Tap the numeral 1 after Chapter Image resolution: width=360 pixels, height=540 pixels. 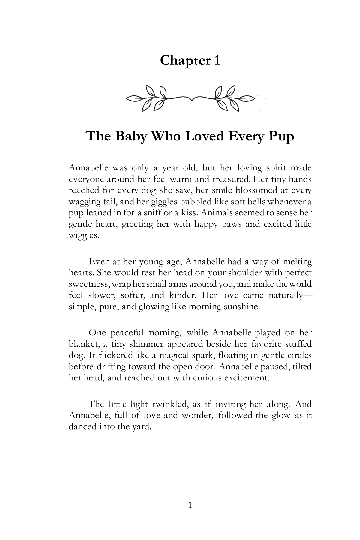[217, 61]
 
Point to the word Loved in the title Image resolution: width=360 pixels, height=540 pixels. [205, 136]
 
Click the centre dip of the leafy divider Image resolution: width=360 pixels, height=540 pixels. [191, 98]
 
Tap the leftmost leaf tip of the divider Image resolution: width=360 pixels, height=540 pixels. [127, 98]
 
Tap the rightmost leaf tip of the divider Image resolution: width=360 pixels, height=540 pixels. [254, 98]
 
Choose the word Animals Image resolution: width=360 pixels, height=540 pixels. [213, 213]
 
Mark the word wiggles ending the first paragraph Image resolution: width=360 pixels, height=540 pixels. [83, 235]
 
